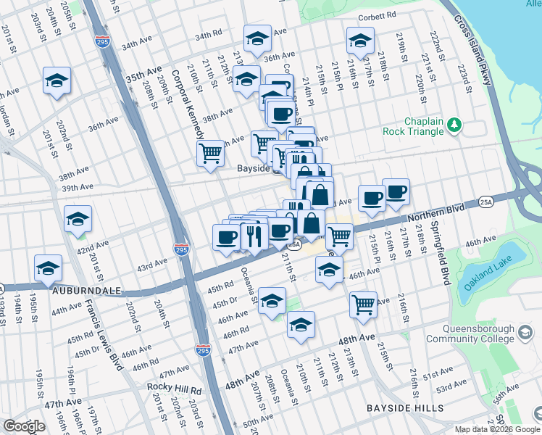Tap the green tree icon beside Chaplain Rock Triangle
coord(454,125)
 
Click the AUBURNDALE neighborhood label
coord(80,289)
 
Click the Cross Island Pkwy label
coord(475,58)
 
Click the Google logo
coord(24,426)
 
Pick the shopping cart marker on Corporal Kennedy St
coord(210,153)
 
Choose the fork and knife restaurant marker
coord(254,235)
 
